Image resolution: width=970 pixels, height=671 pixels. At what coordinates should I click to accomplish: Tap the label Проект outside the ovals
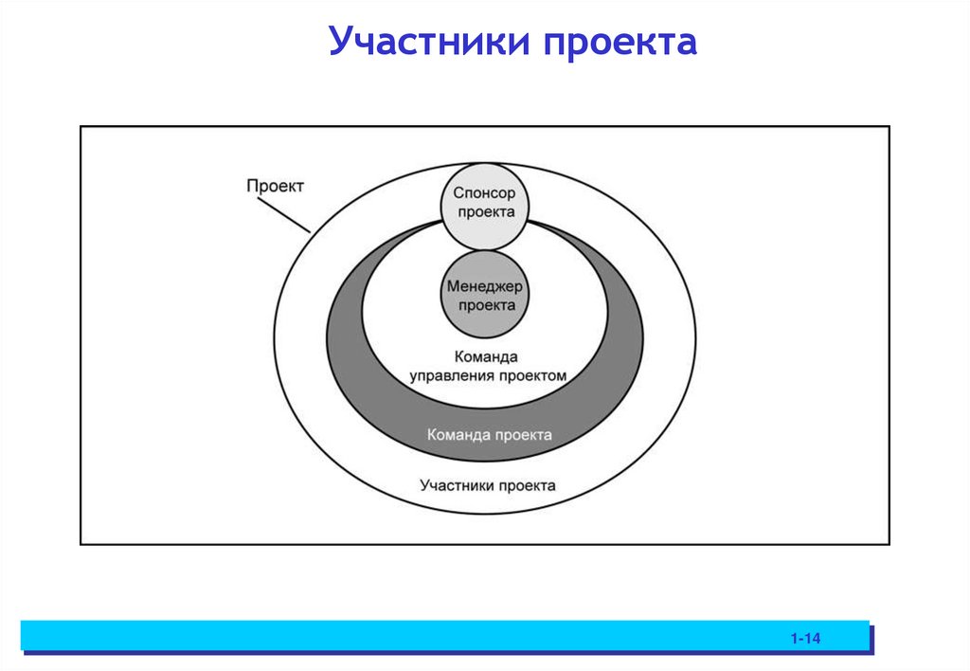(275, 186)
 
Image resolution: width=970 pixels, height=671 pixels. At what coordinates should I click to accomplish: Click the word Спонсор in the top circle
(485, 192)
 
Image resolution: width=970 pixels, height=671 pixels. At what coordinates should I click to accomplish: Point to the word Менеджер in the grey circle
(485, 286)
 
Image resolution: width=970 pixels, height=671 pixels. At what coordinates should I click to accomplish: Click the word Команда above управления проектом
(485, 357)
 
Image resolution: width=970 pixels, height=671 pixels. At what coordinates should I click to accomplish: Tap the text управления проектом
(488, 375)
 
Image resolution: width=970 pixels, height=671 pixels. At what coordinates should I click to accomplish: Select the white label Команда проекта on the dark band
(489, 435)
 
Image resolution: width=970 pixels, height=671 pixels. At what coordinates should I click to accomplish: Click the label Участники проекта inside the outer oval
(487, 485)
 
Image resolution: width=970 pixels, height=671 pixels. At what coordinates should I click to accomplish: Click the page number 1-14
(805, 639)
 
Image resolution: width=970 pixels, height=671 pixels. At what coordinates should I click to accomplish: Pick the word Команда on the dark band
(458, 435)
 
